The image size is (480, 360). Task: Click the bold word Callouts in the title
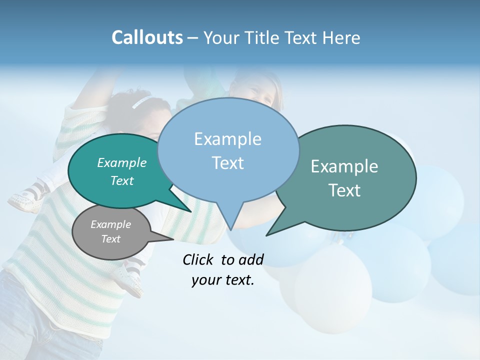tap(147, 37)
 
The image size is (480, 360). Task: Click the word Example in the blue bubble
tap(227, 139)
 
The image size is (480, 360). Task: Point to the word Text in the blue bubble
tap(227, 162)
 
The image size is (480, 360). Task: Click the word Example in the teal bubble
tap(121, 162)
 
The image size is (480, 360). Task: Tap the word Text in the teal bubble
tap(121, 180)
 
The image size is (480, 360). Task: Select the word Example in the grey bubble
tap(110, 224)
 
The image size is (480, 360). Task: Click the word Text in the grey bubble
tap(110, 239)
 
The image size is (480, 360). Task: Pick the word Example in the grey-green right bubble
tap(344, 166)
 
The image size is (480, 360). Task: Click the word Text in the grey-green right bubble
tap(344, 190)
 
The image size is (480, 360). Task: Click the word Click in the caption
tap(199, 259)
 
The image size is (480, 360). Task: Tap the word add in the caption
tap(250, 259)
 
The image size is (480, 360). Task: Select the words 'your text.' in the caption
tap(222, 280)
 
